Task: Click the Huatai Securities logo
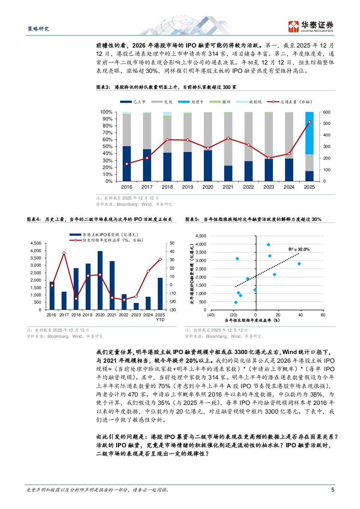tap(311, 26)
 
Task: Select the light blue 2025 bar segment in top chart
tap(309, 133)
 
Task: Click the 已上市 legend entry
tap(133, 102)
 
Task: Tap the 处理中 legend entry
tap(191, 102)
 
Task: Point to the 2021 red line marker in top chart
tap(228, 138)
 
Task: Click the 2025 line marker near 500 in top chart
tap(309, 122)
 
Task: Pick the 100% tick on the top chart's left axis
tap(106, 112)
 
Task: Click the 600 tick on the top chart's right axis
tap(327, 112)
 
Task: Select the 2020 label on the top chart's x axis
tap(208, 187)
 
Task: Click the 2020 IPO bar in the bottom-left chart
tap(100, 280)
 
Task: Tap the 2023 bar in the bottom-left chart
tap(136, 306)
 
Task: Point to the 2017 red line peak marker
tap(64, 253)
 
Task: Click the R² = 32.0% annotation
tap(299, 249)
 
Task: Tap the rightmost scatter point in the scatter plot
tap(299, 264)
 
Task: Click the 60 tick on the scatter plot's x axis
tap(323, 315)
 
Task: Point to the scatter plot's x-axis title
tap(252, 320)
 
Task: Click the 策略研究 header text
tap(38, 29)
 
